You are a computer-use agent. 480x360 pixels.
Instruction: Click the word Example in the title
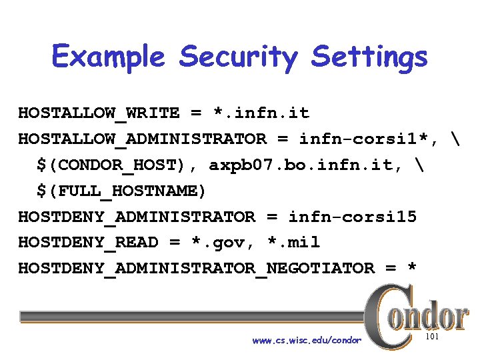tap(107, 57)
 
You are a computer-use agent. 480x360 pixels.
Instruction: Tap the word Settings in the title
tap(369, 57)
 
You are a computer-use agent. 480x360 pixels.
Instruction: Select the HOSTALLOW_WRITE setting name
tap(99, 113)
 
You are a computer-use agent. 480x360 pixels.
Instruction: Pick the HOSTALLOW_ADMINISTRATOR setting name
tap(142, 139)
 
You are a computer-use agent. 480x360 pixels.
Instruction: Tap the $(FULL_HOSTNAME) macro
tap(121, 191)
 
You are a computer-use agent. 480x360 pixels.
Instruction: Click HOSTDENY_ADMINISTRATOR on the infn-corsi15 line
tap(137, 217)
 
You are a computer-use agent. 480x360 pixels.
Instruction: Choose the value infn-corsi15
tap(352, 217)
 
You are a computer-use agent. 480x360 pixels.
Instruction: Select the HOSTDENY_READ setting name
tap(88, 243)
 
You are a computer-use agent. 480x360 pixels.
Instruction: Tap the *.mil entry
tap(293, 243)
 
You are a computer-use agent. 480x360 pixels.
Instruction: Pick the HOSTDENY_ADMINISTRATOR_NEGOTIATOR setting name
tap(196, 269)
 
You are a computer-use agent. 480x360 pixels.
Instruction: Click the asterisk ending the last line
tap(411, 267)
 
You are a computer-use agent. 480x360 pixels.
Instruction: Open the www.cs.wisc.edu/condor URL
tap(307, 341)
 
